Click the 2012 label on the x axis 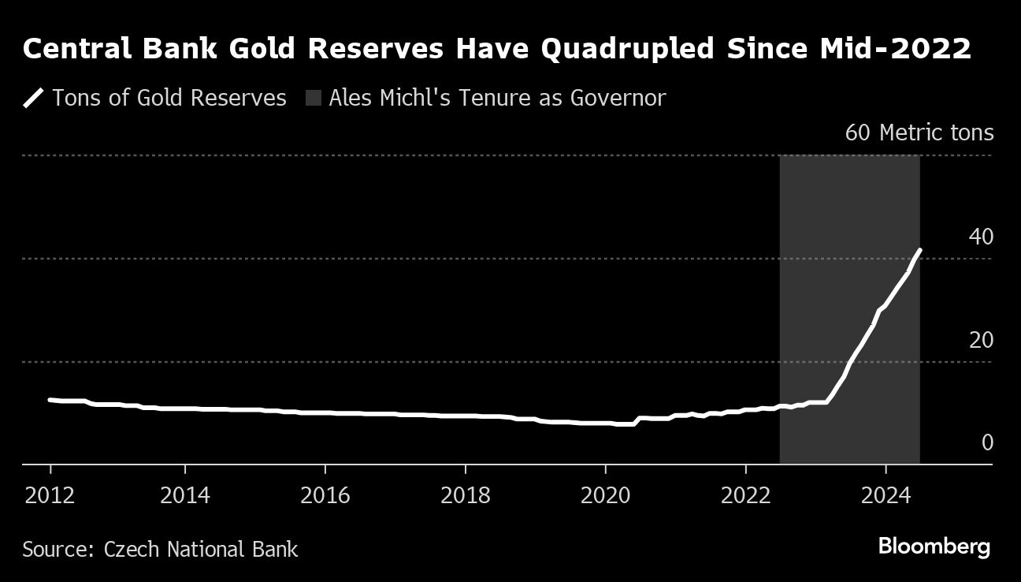point(50,495)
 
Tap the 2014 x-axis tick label point(184,495)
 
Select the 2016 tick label point(325,495)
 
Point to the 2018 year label point(465,495)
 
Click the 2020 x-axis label point(605,495)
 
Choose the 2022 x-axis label point(745,495)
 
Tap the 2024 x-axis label point(885,495)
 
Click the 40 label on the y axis point(981,237)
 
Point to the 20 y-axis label point(981,341)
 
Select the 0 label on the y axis point(987,443)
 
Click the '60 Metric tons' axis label point(919,132)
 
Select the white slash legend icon point(33,99)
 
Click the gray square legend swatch point(314,99)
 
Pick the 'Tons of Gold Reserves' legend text point(169,99)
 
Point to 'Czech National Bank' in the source point(201,549)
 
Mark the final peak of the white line point(920,250)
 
